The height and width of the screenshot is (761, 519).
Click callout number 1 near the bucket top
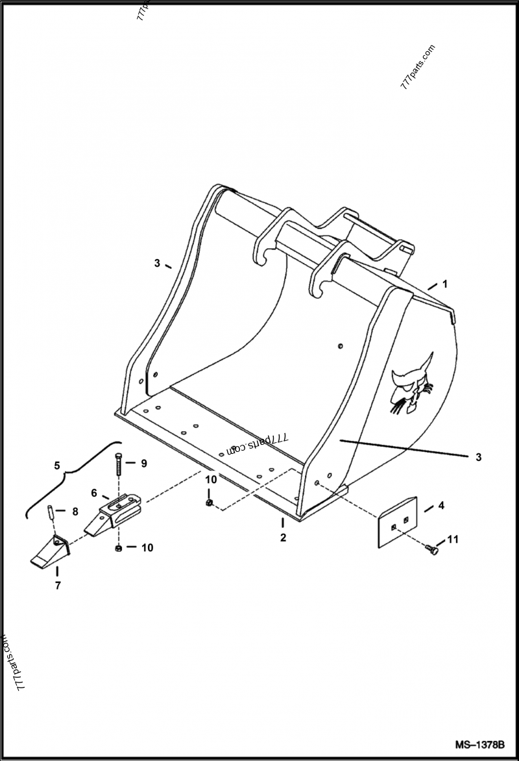point(445,284)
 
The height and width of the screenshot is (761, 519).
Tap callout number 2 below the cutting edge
point(283,538)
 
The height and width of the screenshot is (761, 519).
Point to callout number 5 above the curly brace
point(57,466)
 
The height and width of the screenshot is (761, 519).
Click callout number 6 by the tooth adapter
point(93,493)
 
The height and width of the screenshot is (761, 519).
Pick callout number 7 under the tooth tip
point(58,586)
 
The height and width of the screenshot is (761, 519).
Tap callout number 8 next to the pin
point(75,512)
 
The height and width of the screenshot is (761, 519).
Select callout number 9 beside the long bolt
point(144,463)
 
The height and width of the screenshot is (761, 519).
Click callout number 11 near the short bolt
point(453,539)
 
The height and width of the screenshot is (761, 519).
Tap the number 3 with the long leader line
point(478,457)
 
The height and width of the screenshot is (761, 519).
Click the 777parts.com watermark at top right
point(418,67)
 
